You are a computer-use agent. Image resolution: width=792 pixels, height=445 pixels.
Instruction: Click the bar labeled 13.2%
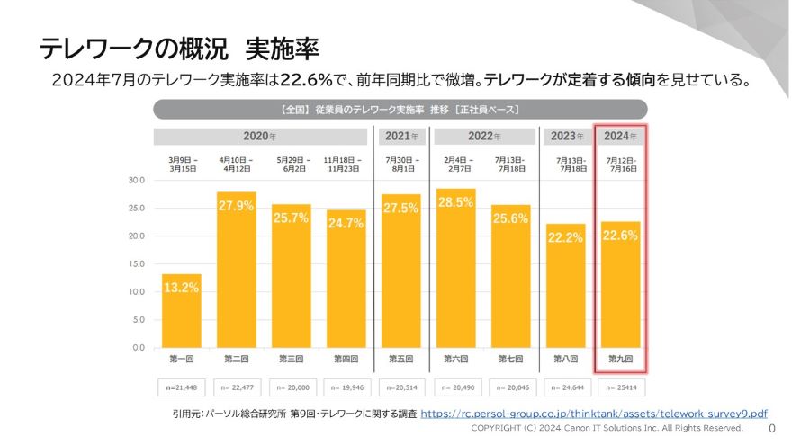[182, 310]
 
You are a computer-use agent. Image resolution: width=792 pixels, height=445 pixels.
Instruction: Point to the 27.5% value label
[401, 208]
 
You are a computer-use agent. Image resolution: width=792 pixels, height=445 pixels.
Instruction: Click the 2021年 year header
[401, 137]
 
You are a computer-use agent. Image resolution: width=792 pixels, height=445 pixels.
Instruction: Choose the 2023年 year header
[565, 137]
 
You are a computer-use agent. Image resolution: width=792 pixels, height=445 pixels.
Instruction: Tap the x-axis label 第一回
[182, 359]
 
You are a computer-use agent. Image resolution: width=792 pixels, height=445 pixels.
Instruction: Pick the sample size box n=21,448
[182, 387]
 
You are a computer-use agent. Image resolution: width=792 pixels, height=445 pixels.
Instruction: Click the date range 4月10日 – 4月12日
[237, 164]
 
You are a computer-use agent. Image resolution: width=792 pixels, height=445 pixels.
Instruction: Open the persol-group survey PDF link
[594, 414]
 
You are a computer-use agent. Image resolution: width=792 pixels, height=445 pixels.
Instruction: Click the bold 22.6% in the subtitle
[308, 80]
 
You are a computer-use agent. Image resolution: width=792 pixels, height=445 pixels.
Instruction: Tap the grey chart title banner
[400, 110]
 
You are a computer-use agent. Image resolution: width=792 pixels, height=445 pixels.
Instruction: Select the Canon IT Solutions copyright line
[608, 429]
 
